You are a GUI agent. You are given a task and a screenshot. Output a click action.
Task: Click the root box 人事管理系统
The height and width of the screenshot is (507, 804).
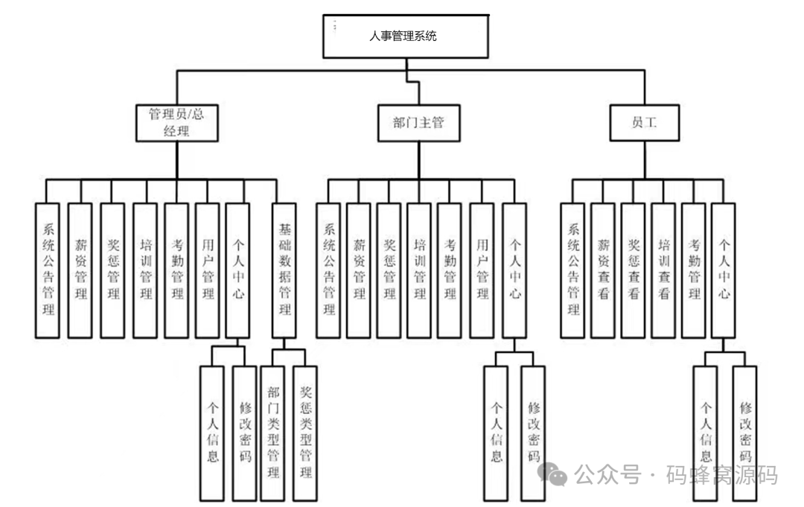406,35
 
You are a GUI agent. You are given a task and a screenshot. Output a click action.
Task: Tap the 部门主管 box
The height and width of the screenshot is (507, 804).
418,122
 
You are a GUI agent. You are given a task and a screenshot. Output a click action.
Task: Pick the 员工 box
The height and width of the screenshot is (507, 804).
644,122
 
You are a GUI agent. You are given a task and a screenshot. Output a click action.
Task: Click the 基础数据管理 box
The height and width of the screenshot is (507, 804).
284,270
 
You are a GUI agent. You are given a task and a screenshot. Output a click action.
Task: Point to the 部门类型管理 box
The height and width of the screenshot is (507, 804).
273,432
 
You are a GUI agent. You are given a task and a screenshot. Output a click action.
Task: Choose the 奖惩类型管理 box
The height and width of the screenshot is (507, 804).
304,432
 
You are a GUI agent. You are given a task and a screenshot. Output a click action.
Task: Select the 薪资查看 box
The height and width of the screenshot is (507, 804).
603,270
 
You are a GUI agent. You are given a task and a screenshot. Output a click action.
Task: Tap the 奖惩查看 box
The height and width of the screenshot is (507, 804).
633,270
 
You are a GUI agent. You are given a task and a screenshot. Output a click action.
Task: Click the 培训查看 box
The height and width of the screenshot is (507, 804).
663,270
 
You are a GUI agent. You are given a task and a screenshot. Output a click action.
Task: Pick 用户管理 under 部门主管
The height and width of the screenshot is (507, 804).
481,270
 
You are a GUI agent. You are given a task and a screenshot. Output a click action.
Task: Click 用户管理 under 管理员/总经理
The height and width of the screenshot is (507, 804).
207,270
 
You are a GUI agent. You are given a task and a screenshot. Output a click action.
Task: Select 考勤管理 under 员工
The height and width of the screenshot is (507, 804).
693,270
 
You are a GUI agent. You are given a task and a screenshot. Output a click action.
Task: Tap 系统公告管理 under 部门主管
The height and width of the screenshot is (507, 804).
328,270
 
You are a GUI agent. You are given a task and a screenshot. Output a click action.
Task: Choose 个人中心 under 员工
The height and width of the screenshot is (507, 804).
723,270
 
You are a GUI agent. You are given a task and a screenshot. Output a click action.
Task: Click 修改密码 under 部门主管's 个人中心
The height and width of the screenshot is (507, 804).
532,432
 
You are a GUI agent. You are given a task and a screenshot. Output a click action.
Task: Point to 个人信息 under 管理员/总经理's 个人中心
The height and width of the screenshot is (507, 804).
212,432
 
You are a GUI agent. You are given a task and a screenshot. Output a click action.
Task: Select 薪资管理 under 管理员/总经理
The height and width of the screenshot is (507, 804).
80,270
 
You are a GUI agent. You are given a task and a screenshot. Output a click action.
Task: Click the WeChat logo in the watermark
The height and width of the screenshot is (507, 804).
555,473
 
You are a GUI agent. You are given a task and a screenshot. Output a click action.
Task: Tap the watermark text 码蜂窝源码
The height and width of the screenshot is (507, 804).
721,474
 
